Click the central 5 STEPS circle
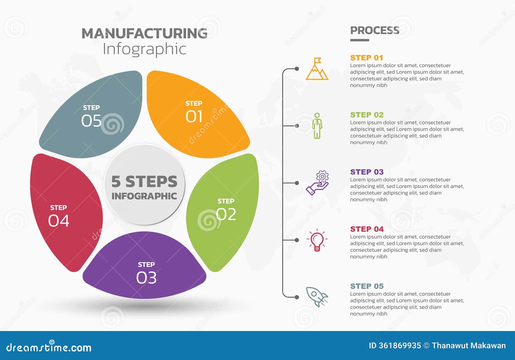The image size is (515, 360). tap(145, 185)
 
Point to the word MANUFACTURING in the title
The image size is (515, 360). tap(144, 33)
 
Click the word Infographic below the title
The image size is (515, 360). tap(144, 49)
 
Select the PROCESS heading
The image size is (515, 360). tap(375, 30)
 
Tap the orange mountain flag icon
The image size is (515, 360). tap(317, 69)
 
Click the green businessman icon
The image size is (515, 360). tap(317, 126)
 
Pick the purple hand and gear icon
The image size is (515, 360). tap(317, 183)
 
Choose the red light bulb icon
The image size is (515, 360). tap(317, 240)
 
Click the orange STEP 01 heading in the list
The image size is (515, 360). tap(367, 58)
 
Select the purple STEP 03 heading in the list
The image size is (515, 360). tap(367, 172)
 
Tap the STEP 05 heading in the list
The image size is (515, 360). tap(367, 286)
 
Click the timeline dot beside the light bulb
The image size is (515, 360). tap(297, 240)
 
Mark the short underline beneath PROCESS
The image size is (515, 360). tap(360, 40)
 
